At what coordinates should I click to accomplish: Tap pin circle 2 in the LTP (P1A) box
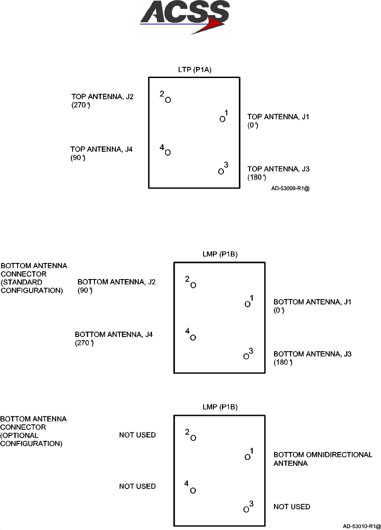coord(168,100)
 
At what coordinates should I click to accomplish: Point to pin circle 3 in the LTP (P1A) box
coord(221,171)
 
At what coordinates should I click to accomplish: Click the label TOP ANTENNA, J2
coord(99,96)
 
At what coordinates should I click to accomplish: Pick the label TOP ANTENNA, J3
coord(275,169)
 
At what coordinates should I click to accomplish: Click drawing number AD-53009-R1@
coord(290,188)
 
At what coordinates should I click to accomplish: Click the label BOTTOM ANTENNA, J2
coord(117,282)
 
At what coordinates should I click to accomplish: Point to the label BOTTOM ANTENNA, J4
coord(114,334)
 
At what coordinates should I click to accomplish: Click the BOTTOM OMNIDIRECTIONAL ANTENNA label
coord(323,459)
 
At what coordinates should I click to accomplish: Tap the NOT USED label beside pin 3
coord(292,507)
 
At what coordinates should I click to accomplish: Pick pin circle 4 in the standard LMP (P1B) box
coord(193,337)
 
